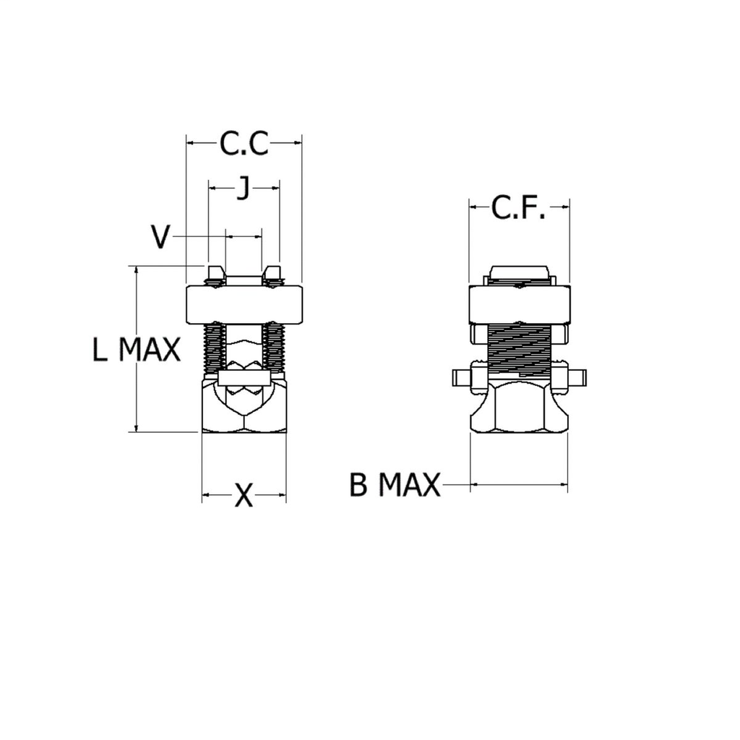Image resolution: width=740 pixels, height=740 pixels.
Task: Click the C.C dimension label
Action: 244,144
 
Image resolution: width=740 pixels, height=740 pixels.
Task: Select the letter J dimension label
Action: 244,189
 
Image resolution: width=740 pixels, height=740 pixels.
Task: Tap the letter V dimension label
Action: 162,236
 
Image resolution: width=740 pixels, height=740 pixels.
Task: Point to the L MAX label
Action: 136,350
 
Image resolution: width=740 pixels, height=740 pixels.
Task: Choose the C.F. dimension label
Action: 518,208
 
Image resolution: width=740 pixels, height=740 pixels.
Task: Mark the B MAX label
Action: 395,485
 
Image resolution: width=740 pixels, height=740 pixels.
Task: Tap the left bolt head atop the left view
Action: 215,275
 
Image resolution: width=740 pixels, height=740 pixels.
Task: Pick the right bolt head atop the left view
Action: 272,275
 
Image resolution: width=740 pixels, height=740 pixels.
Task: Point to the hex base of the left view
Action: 244,408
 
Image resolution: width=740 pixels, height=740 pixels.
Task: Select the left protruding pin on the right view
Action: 460,379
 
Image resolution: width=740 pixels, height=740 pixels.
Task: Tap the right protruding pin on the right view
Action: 577,379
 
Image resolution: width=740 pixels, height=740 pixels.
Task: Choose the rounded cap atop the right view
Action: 518,273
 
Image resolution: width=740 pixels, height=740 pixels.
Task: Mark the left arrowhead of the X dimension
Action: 206,495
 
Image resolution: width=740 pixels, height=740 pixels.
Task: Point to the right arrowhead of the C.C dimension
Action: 297,144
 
